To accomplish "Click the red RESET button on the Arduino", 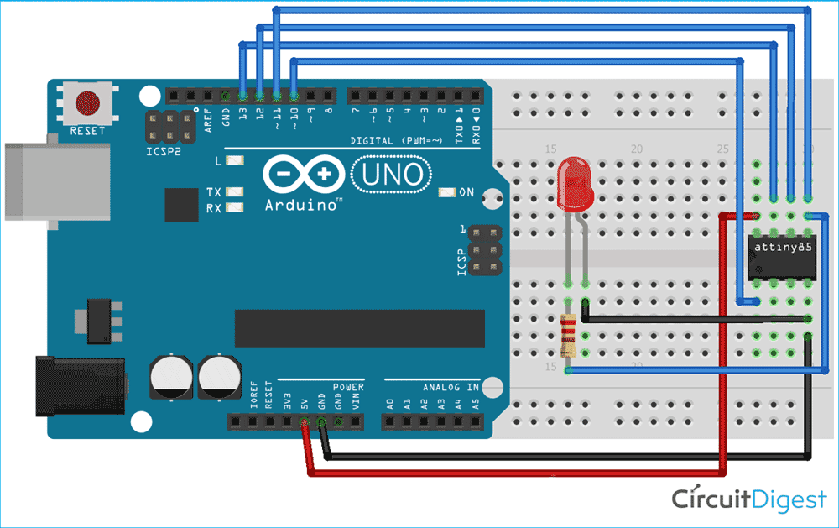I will pyautogui.click(x=86, y=103).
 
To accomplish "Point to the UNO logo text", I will pyautogui.click(x=391, y=176).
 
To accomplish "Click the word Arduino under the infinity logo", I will pyautogui.click(x=303, y=205).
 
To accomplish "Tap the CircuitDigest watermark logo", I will pyautogui.click(x=748, y=499).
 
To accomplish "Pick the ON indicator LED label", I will pyautogui.click(x=466, y=192).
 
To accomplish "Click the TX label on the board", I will pyautogui.click(x=215, y=192).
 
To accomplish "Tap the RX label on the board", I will pyautogui.click(x=215, y=207).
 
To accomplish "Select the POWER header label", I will pyautogui.click(x=348, y=388).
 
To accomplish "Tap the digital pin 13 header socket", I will pyautogui.click(x=242, y=95).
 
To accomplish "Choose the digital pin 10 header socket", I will pyautogui.click(x=294, y=95).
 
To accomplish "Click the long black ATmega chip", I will pyautogui.click(x=359, y=327).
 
